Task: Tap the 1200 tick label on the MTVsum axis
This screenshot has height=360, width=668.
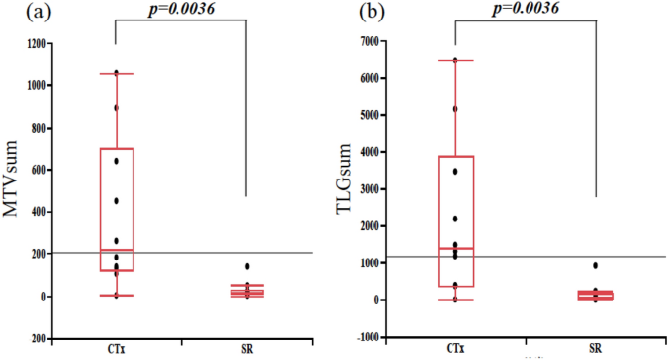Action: pos(41,44)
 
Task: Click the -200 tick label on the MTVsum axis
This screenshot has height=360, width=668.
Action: pos(41,339)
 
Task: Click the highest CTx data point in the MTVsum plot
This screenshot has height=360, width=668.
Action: pos(116,73)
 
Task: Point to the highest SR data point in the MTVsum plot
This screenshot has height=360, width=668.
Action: pos(247,266)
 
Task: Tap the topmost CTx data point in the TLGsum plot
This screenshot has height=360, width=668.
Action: pos(454,60)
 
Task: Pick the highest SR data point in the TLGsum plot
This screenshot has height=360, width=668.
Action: pos(595,265)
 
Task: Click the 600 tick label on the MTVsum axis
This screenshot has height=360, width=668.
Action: pos(43,170)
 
